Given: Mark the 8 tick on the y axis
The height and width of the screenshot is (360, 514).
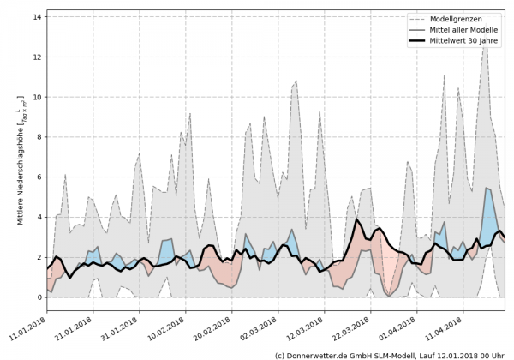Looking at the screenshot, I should point(39,137).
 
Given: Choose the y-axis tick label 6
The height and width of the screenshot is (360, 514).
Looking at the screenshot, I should point(39,177).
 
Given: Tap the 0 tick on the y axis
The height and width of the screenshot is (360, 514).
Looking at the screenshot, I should point(39,297).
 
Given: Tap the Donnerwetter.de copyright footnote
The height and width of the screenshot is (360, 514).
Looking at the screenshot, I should point(391,354).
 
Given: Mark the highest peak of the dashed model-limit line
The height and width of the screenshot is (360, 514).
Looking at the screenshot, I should point(485,45).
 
